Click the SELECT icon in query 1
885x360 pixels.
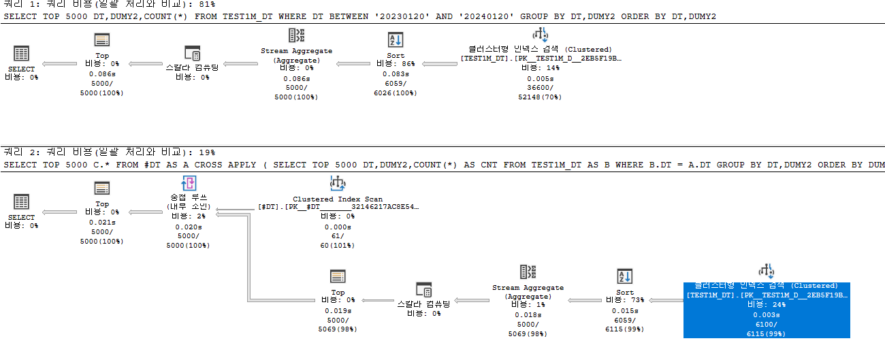pyautogui.click(x=21, y=54)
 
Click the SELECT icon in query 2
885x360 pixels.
pyautogui.click(x=21, y=202)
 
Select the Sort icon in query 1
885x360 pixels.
pyautogui.click(x=395, y=40)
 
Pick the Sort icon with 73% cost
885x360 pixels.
pyautogui.click(x=624, y=276)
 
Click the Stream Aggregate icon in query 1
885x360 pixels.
pyautogui.click(x=297, y=36)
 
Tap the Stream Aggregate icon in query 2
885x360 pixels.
pyautogui.click(x=528, y=272)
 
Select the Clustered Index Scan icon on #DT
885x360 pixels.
pyautogui.click(x=338, y=183)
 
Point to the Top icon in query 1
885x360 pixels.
pyautogui.click(x=102, y=40)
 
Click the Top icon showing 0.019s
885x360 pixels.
pyautogui.click(x=338, y=276)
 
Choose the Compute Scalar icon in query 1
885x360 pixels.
pyautogui.click(x=193, y=53)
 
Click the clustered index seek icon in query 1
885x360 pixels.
pyautogui.click(x=540, y=35)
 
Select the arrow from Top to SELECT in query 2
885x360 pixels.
pyautogui.click(x=60, y=212)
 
